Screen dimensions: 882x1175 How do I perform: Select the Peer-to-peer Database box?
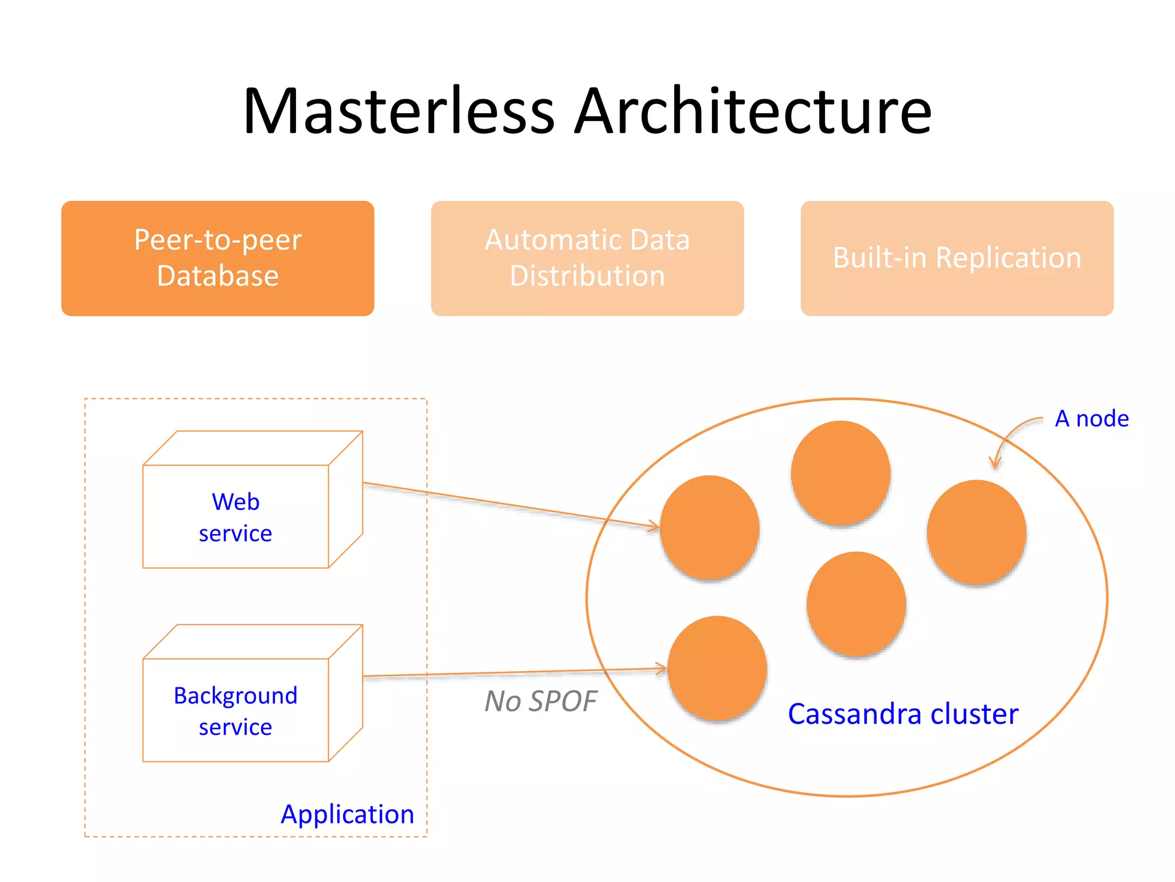(217, 258)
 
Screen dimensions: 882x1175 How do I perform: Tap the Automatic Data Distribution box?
(587, 258)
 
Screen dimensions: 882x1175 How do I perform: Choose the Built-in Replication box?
(956, 258)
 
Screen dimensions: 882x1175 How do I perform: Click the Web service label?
(235, 517)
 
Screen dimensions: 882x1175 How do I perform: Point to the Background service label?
(235, 711)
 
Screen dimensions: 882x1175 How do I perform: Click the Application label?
(347, 814)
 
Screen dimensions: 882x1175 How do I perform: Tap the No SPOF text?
(540, 701)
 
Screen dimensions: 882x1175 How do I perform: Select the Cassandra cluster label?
(902, 714)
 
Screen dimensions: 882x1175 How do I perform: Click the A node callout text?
(1091, 419)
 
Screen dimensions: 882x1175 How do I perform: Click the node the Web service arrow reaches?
(710, 527)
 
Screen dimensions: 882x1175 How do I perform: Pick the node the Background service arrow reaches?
(717, 668)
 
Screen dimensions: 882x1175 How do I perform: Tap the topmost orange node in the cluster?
(841, 473)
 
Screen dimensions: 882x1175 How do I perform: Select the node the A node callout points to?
(976, 532)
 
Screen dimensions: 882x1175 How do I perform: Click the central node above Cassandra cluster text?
(856, 604)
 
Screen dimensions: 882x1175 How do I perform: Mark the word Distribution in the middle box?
(587, 276)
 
